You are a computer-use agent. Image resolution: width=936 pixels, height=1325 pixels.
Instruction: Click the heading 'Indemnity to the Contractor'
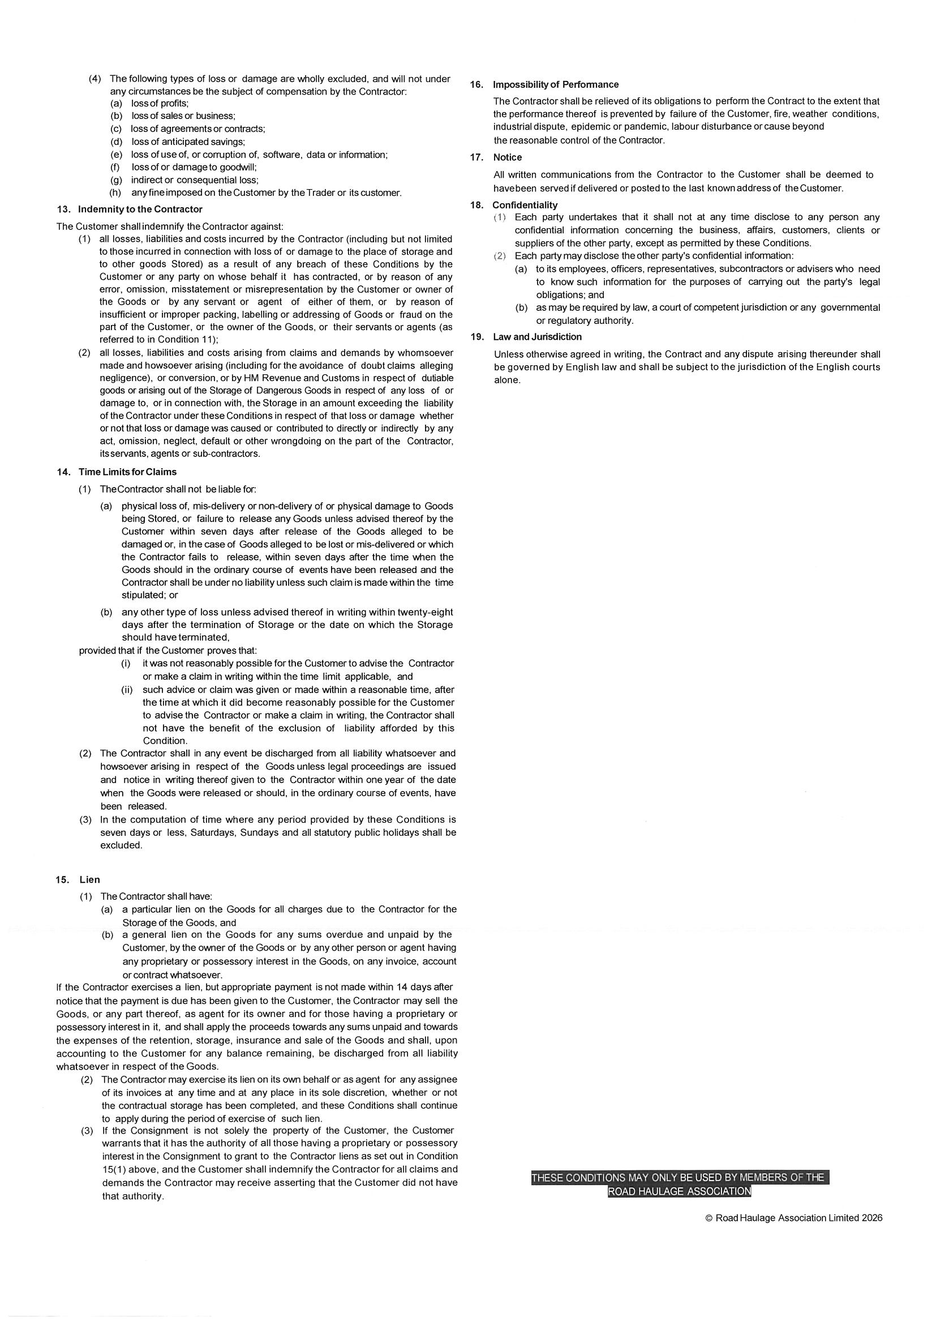(x=140, y=209)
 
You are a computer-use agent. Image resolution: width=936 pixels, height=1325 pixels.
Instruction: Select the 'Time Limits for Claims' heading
(x=127, y=472)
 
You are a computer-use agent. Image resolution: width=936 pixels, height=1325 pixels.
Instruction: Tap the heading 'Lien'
(x=89, y=879)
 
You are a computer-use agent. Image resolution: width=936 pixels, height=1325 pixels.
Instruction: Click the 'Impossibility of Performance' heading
(x=555, y=84)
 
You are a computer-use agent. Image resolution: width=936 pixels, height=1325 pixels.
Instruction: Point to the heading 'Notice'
(x=507, y=157)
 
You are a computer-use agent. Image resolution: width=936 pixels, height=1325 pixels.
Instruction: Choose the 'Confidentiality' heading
(x=525, y=205)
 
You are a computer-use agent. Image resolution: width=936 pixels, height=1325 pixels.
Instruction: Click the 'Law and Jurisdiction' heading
(x=537, y=336)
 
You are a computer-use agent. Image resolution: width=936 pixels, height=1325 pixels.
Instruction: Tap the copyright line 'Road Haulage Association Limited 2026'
(x=798, y=1217)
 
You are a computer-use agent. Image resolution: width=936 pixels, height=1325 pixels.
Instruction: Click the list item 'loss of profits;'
(x=160, y=103)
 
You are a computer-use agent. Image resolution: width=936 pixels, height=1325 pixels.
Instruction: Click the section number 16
(x=476, y=84)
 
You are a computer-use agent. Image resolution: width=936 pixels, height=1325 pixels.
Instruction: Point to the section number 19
(x=476, y=336)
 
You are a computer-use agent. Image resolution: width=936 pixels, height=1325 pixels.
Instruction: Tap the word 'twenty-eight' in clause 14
(x=426, y=612)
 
